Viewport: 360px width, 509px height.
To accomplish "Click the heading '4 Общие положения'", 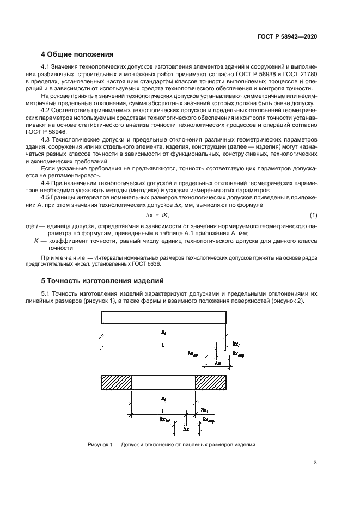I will (77, 54).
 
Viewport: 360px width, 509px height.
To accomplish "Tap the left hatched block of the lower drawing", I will (115, 383).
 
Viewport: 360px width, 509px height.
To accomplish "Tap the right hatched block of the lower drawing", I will (211, 383).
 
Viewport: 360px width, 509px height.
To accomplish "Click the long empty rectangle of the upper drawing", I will (163, 317).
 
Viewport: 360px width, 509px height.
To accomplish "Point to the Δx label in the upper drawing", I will (218, 362).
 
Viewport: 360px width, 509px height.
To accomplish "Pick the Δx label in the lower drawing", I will (186, 429).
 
